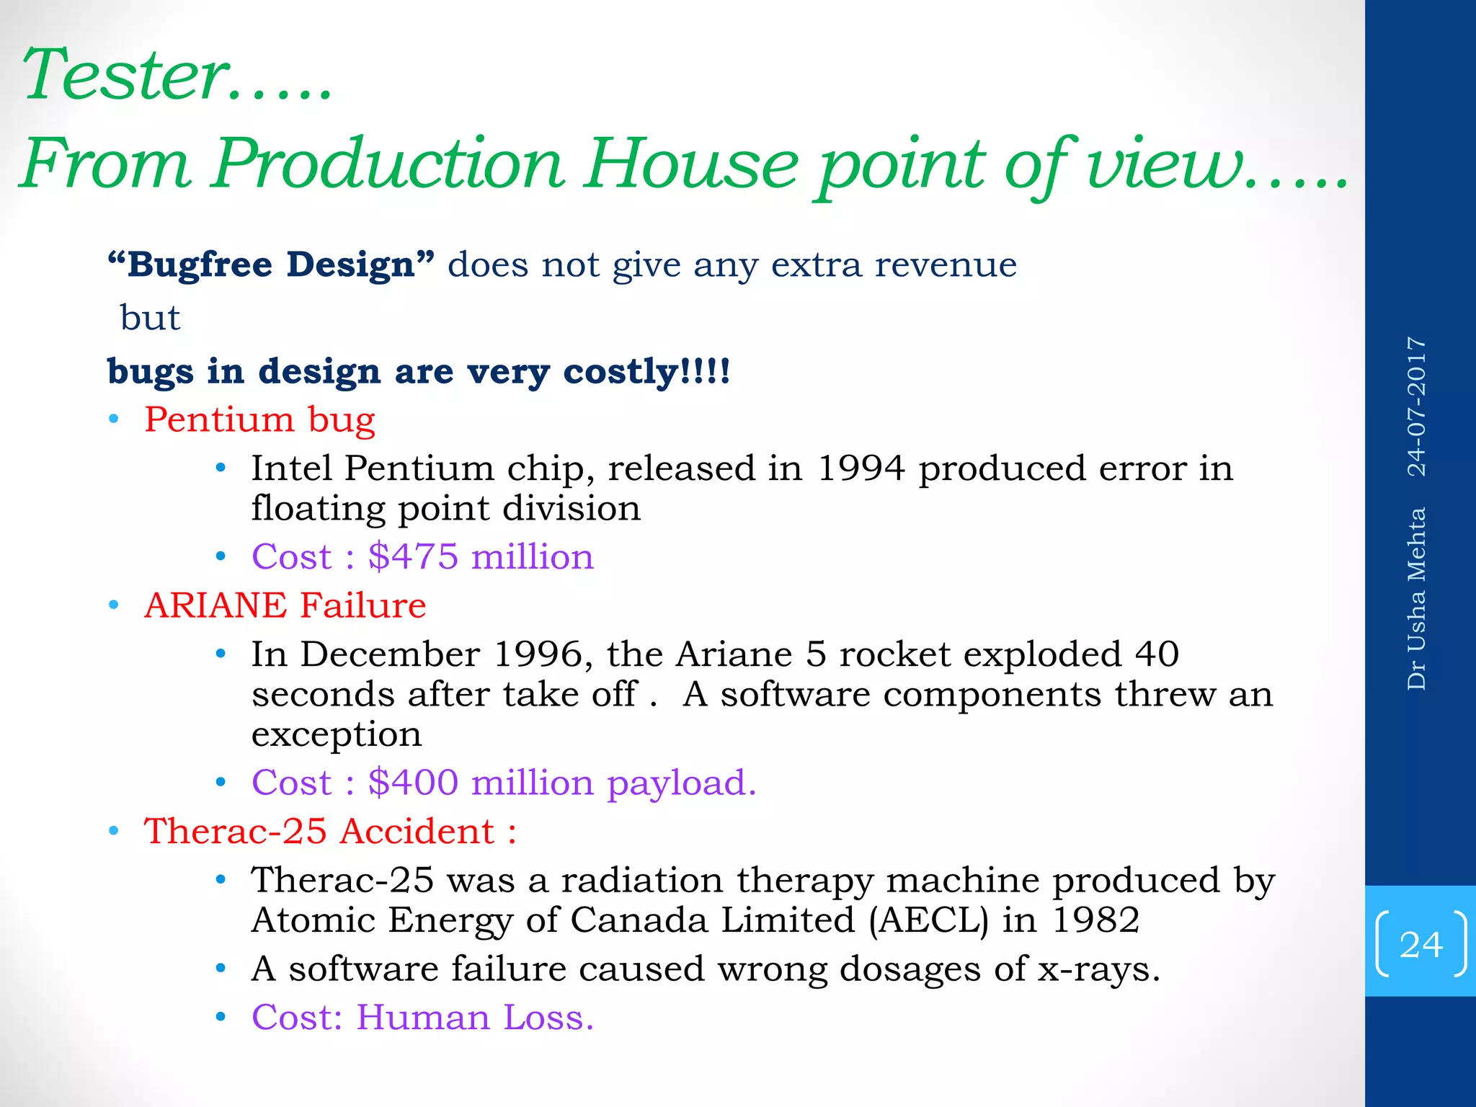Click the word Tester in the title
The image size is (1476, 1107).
click(x=126, y=75)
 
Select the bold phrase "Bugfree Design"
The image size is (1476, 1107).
click(x=271, y=264)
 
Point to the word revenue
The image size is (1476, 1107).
click(x=945, y=264)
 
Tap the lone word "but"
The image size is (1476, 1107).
click(x=150, y=318)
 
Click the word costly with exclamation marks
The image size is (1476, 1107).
click(x=646, y=372)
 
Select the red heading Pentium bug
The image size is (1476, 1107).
click(x=259, y=419)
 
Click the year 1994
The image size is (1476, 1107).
click(x=861, y=468)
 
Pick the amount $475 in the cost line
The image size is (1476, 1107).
click(x=412, y=556)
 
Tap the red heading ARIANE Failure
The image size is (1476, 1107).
click(x=285, y=605)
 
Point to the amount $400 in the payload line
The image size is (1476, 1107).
click(x=412, y=783)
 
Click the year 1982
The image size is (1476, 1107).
click(x=1095, y=920)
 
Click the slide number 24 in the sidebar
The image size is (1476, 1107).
click(x=1421, y=945)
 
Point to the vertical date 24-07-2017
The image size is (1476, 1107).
click(x=1417, y=406)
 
